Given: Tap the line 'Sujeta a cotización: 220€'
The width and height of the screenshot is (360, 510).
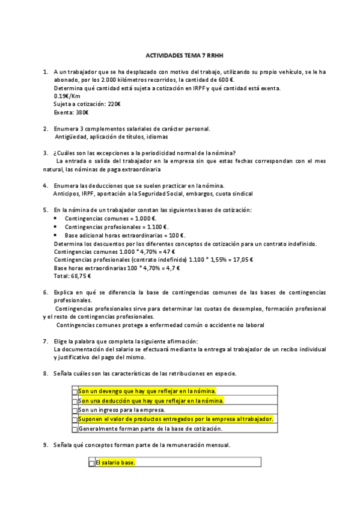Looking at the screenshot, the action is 87,104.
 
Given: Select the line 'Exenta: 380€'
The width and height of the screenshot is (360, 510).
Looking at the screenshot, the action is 72,112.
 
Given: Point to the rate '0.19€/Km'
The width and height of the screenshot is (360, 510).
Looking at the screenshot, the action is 67,96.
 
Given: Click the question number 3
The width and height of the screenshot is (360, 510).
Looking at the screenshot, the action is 46,152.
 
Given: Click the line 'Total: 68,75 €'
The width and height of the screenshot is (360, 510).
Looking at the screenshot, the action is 72,276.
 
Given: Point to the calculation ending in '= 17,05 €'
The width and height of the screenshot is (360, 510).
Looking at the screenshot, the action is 153,260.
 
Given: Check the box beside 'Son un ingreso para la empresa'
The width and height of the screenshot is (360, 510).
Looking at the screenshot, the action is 75,411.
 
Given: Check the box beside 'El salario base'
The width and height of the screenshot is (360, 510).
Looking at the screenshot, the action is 91,463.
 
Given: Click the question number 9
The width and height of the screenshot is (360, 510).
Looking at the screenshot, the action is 46,445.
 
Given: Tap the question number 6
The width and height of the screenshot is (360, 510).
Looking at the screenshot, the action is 46,292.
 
